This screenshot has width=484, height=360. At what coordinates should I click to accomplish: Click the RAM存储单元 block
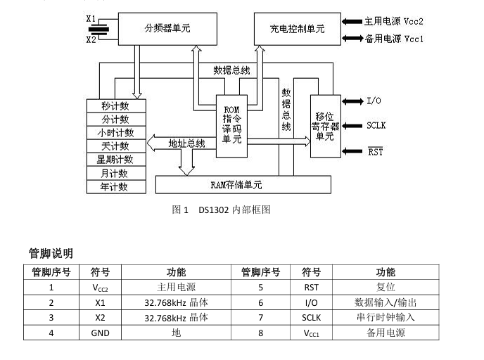[242, 185]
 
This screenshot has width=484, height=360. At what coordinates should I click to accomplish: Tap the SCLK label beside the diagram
[376, 126]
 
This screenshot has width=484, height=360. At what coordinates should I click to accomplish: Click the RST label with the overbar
[376, 152]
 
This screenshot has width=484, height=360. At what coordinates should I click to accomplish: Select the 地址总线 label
[187, 143]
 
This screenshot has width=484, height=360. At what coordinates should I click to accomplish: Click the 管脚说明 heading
[51, 253]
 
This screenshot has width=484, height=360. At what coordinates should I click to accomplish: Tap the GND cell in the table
[101, 333]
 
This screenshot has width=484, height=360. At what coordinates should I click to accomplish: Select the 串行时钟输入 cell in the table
[386, 318]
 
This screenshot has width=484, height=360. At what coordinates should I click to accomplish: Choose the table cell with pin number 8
[260, 333]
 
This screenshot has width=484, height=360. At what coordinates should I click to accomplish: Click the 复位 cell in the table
[386, 287]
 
